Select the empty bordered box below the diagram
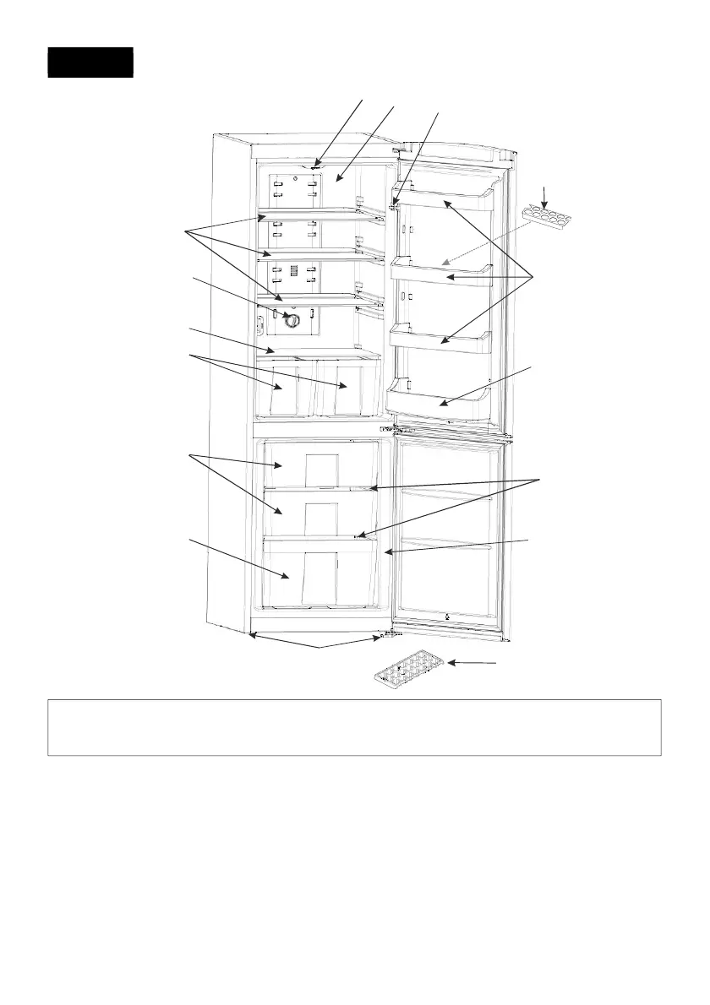click(x=354, y=726)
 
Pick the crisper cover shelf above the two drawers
click(x=317, y=350)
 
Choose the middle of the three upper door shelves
click(x=444, y=273)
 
